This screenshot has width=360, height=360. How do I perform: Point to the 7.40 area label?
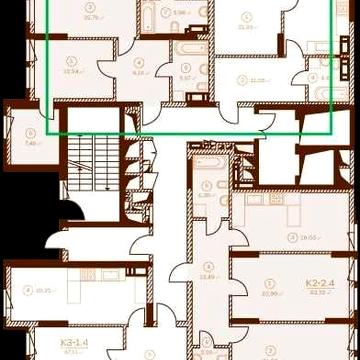click(30, 143)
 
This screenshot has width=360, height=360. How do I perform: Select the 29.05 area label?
click(295, 237)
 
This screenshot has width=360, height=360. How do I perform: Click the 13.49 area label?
click(208, 277)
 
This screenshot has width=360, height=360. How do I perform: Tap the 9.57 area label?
click(186, 77)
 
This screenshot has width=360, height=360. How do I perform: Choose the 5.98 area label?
click(179, 13)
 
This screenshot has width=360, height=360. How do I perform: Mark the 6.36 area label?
click(207, 195)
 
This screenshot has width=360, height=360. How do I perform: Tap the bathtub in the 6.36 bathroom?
click(209, 164)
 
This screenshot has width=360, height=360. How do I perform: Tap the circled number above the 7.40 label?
click(30, 132)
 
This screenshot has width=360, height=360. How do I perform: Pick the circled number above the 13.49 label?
click(208, 266)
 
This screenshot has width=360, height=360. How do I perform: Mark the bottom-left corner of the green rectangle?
click(48, 131)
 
